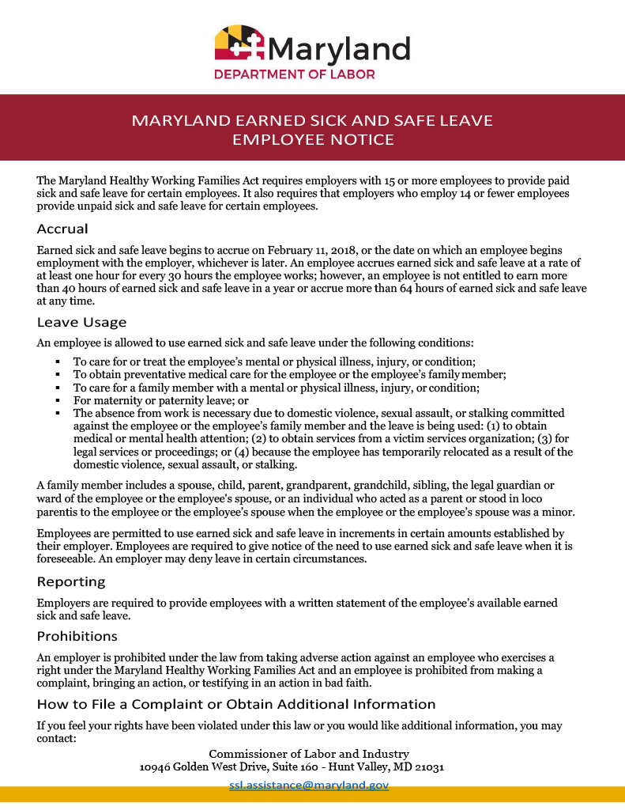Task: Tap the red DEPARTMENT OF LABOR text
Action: tap(295, 75)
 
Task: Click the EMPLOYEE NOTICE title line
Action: tap(313, 140)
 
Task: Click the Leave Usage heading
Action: tap(81, 322)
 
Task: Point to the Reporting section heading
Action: tap(70, 581)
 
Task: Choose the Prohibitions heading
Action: tap(77, 636)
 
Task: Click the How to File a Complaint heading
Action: tap(236, 704)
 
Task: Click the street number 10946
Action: tap(156, 767)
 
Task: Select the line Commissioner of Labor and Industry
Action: tap(309, 754)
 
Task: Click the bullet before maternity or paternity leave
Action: tap(58, 401)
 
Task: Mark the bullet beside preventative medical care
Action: tap(58, 374)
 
